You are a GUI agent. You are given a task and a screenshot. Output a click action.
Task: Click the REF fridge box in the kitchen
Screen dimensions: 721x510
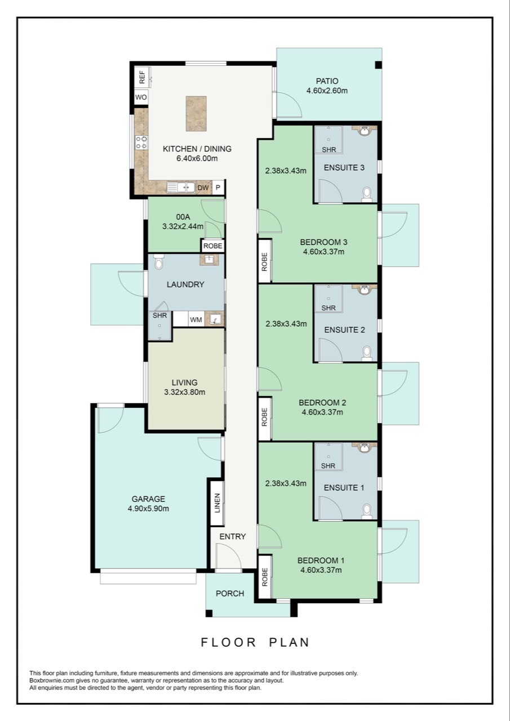141,77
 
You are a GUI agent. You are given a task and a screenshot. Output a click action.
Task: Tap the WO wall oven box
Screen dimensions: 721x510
141,97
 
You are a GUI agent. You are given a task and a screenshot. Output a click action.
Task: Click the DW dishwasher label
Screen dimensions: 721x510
203,188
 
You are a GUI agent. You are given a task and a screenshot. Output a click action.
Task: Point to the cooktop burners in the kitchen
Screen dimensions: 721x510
141,143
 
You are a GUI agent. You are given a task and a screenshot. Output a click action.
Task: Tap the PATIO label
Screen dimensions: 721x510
327,81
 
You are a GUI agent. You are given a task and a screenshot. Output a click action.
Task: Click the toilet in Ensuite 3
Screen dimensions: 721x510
367,194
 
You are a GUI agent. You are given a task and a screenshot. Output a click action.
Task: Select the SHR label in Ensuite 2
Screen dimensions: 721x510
329,308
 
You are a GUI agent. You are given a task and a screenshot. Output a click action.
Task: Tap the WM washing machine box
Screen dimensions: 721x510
196,320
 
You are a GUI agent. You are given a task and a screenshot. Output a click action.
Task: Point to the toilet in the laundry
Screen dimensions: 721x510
158,262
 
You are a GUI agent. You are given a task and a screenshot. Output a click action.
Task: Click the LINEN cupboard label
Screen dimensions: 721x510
218,503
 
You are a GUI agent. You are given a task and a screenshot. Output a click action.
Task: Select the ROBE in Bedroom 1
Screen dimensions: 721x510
264,577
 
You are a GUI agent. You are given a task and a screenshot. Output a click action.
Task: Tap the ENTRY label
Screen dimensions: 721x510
233,536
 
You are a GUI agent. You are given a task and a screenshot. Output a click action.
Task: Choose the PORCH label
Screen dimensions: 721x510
230,593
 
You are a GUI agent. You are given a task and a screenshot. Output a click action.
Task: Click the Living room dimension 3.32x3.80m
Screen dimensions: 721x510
184,392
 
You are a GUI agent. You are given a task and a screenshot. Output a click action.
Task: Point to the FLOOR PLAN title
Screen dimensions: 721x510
255,642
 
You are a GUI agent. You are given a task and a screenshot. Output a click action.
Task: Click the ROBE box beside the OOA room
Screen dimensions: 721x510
213,246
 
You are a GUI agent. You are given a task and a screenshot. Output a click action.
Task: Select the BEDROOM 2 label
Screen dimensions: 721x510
321,403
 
